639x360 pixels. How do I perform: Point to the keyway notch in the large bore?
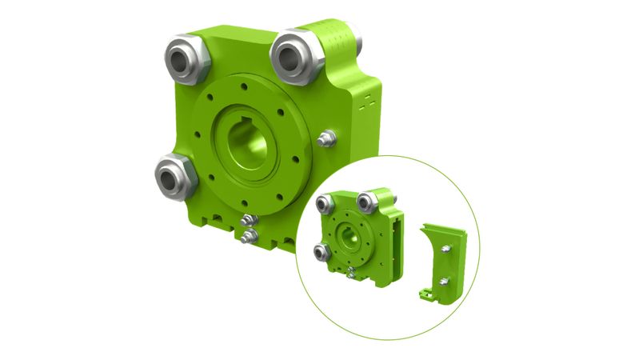pos(250,124)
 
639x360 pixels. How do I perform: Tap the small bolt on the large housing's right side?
pos(325,139)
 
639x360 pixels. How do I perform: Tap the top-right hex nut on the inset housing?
pos(369,200)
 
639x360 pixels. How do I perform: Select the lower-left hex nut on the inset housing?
pos(321,253)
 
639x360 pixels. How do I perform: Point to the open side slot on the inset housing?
pos(395,240)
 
